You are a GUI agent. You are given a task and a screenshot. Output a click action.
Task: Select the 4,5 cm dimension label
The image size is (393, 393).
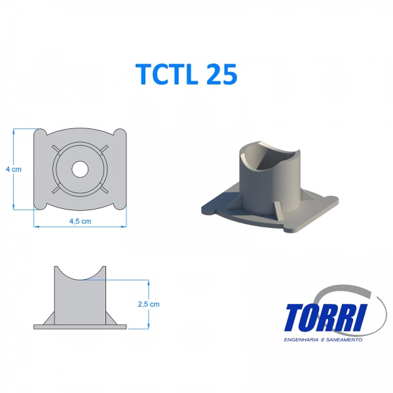[x=79, y=221]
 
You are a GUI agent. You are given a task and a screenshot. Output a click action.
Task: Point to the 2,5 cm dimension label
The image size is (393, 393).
[x=149, y=304]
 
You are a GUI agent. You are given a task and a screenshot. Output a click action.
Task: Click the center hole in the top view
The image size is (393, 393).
[x=80, y=169]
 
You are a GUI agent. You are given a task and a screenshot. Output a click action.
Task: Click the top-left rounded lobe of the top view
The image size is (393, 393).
[x=39, y=136]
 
